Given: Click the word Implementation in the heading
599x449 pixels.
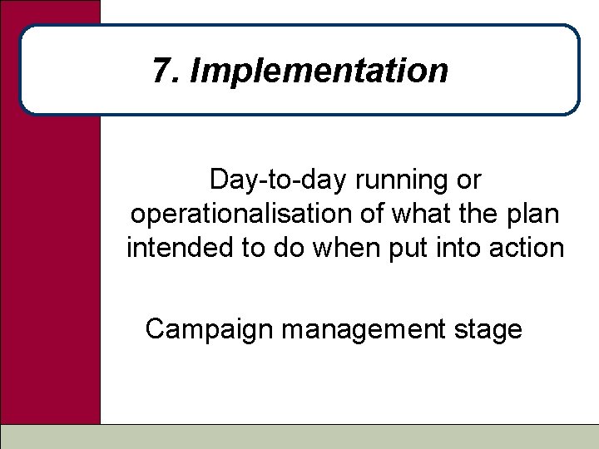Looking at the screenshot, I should [x=319, y=72].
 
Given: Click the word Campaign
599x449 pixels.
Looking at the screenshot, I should [x=210, y=330].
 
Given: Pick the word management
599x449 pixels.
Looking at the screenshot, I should [x=363, y=330].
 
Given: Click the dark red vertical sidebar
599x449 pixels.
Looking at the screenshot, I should [x=50, y=249].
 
